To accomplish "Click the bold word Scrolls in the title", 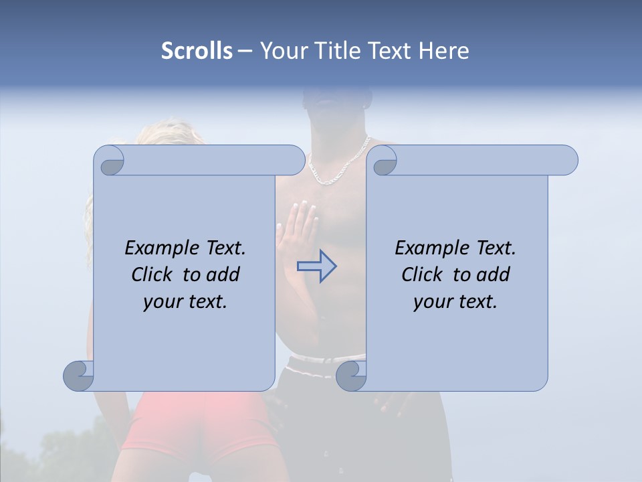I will pos(197,50).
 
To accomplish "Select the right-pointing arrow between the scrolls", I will pos(316,266).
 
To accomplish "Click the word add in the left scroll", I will pos(223,274).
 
